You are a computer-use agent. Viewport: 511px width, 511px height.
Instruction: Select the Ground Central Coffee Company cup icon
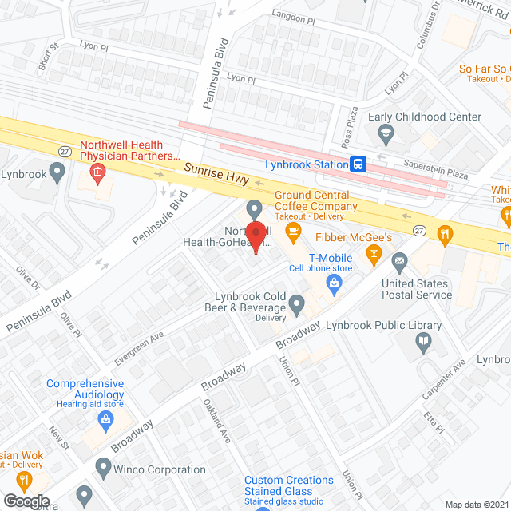tap(294, 232)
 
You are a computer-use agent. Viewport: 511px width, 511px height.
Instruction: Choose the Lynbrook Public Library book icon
tap(423, 343)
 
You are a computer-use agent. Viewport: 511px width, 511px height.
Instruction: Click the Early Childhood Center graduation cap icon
tap(386, 133)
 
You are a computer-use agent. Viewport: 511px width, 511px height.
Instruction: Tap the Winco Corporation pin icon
tap(102, 465)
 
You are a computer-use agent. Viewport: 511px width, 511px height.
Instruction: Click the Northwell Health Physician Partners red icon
tap(97, 171)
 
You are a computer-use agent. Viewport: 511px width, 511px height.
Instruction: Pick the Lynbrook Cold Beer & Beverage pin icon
tap(297, 303)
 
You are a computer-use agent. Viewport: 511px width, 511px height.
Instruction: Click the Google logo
tap(25, 501)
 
